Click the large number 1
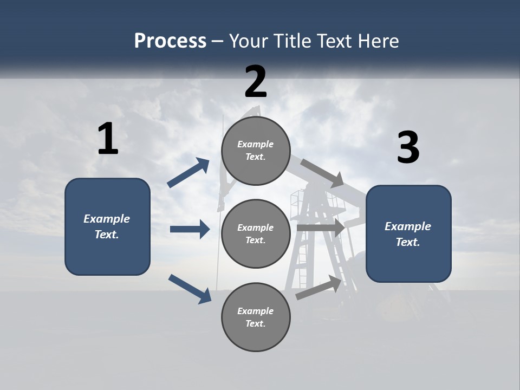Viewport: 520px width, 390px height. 108,139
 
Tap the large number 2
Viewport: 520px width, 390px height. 256,82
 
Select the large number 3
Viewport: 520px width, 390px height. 408,148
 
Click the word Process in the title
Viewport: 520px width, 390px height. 170,41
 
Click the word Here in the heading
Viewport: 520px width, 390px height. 379,41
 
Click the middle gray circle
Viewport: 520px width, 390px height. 256,233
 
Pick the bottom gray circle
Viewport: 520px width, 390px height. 256,317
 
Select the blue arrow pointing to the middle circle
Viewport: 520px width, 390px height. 190,229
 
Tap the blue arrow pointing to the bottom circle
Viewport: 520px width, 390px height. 190,288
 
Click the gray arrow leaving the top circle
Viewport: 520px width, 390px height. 322,173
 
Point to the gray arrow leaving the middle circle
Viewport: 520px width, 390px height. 320,227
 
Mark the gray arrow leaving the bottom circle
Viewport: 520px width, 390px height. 318,288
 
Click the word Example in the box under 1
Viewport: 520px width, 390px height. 107,219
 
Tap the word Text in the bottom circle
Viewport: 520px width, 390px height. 255,323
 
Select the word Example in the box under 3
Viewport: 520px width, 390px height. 408,226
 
